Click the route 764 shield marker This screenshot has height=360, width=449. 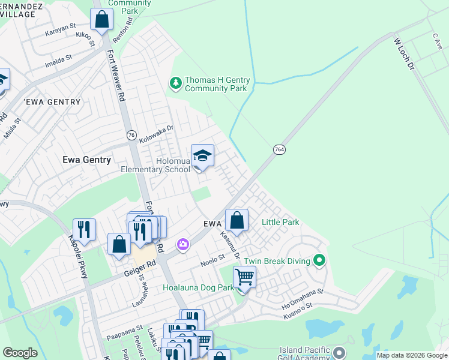[279, 149]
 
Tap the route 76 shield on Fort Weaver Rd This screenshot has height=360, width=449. [130, 135]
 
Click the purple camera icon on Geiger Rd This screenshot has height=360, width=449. [182, 244]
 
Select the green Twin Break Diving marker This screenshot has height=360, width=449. [319, 261]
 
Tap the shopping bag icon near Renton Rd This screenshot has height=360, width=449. [101, 19]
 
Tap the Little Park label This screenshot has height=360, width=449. [280, 223]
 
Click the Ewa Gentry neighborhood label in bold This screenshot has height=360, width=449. [86, 160]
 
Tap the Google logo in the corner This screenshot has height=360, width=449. [20, 352]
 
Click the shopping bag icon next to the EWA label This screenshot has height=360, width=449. [237, 220]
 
